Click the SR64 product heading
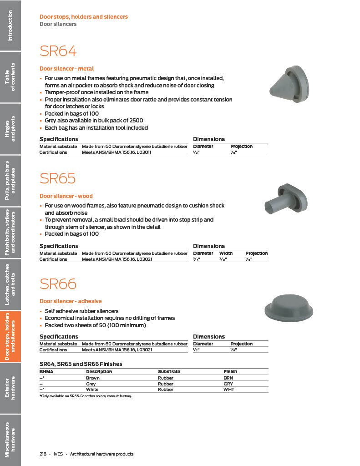[58, 51]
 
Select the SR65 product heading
[58, 178]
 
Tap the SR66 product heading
[58, 284]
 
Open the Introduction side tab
[10, 25]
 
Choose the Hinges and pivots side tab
[10, 129]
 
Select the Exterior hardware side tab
[10, 388]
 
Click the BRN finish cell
[228, 378]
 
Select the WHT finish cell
[228, 390]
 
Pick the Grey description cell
[91, 384]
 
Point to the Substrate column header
[169, 372]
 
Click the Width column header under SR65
[226, 253]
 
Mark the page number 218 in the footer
[43, 454]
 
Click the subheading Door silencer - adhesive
[71, 301]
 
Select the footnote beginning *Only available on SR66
[86, 396]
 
